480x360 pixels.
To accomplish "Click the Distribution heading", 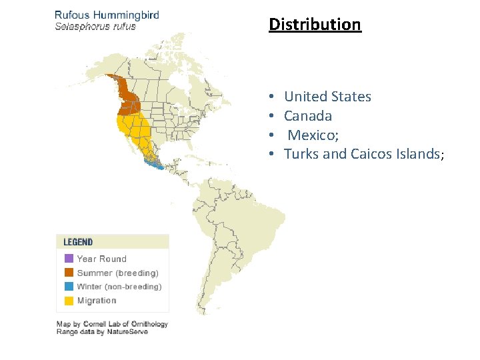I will (315, 25).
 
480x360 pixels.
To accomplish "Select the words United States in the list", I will (327, 97).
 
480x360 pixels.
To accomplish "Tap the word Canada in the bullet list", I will (308, 116).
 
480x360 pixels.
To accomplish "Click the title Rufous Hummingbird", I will (107, 15).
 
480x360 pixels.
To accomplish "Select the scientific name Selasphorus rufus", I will (95, 27).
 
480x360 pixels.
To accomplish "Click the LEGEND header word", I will (78, 242).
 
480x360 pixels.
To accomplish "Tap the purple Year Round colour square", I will (69, 259).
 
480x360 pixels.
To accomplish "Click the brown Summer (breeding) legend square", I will (69, 273).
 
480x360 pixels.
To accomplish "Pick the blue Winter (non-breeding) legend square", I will (69, 287).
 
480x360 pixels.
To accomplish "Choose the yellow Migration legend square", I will (69, 301).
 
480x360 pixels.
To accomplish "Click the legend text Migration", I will (97, 301).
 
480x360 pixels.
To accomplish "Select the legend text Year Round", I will (101, 259).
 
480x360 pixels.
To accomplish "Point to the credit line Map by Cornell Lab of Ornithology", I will (112, 324).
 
